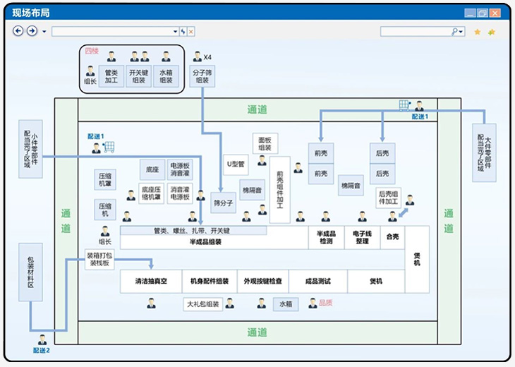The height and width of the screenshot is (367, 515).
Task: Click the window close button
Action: point(496,13)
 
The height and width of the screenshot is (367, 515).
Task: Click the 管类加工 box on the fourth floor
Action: point(111,76)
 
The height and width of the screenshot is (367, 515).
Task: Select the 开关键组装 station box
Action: point(139,76)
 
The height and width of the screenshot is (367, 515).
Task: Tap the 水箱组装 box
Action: point(166,76)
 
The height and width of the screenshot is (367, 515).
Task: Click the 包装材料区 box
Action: point(30,272)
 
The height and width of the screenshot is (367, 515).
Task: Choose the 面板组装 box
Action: point(265,143)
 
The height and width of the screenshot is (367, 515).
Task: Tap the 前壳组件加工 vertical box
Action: point(279,189)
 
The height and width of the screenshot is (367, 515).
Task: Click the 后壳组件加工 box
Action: point(389,198)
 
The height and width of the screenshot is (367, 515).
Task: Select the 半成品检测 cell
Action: point(325,238)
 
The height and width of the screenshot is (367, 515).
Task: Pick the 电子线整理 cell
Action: point(362,238)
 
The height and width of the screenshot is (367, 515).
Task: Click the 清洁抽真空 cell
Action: point(151,281)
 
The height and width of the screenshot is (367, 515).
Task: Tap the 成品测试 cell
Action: point(317,281)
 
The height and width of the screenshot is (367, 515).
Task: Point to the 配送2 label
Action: point(42,349)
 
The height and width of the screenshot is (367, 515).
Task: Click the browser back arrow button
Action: point(18,31)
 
